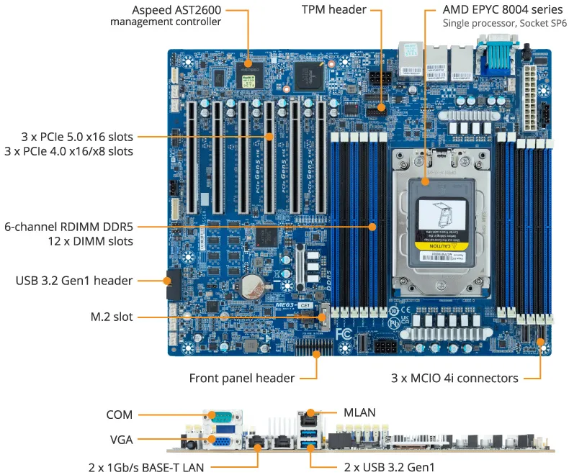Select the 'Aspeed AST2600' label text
pos(176,10)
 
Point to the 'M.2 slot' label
pos(112,317)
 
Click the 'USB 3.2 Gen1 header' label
pos(74,280)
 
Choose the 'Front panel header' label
pos(241,378)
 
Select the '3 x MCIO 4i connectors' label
pos(454,378)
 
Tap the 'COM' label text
pos(120,415)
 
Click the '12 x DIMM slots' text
pos(89,240)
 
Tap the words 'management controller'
pos(165,22)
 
